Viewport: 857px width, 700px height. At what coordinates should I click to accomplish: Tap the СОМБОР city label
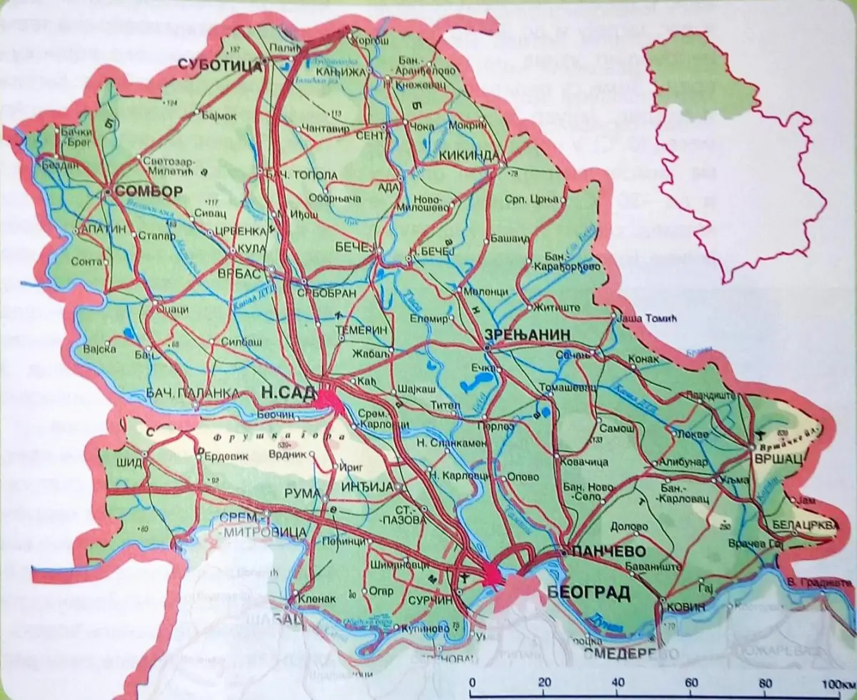tap(149, 191)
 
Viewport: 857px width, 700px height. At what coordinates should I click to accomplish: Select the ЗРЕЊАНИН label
tap(519, 334)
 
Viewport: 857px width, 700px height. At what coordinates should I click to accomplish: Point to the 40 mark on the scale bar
tap(618, 681)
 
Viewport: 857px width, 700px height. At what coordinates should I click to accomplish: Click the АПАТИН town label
tap(103, 230)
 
